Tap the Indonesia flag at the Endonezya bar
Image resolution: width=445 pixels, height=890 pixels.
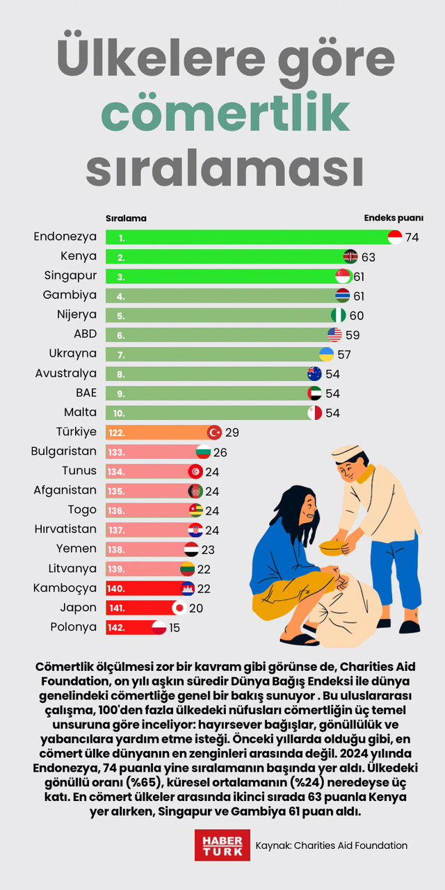click(x=394, y=237)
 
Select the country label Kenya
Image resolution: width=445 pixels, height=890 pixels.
click(x=78, y=257)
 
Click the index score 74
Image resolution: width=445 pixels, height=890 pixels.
click(x=412, y=237)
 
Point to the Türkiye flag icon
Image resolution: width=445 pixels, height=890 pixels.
click(x=215, y=432)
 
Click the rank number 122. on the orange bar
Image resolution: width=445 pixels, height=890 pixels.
click(x=116, y=432)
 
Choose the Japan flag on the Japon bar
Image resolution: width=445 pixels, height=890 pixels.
click(x=179, y=608)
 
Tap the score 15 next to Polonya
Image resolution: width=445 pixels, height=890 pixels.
click(x=175, y=627)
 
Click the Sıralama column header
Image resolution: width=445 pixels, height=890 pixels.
click(x=126, y=218)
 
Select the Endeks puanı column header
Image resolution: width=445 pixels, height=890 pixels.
click(x=394, y=218)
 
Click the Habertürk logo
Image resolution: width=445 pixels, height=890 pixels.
click(x=222, y=845)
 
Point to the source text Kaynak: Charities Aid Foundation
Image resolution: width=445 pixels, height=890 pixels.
click(x=331, y=845)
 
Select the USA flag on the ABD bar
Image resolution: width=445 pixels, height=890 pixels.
click(x=334, y=334)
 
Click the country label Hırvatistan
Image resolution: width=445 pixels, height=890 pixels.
click(x=65, y=529)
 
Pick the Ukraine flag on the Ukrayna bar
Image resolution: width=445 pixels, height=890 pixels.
click(x=325, y=354)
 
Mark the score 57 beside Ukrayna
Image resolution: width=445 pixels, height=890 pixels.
click(x=344, y=354)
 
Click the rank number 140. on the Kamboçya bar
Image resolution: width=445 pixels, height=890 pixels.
click(x=116, y=588)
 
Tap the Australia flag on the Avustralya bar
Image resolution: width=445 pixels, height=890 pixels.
click(x=314, y=373)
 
